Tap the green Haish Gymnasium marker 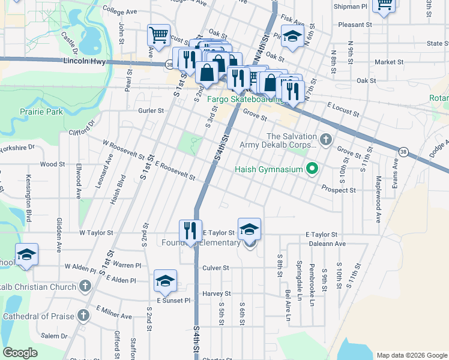point(312,169)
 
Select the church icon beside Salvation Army point(326,140)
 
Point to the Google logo point(20,352)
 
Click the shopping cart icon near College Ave point(158,35)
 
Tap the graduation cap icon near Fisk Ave point(292,37)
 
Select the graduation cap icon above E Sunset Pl point(165,281)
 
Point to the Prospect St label point(339,190)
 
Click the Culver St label point(216,268)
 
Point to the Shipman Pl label point(352,7)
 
